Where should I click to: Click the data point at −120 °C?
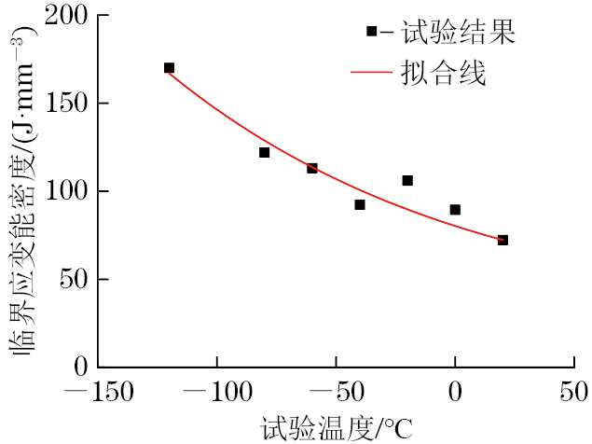[x=169, y=68]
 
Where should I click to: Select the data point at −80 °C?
[x=264, y=152]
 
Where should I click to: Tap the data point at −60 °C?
[x=312, y=168]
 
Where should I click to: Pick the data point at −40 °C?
[x=360, y=204]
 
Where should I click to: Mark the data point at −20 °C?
[x=407, y=180]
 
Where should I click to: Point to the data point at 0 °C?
[x=455, y=210]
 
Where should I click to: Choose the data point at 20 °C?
[x=503, y=240]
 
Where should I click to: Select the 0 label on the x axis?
[x=456, y=393]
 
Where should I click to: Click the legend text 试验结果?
[x=458, y=33]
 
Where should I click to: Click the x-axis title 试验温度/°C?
[x=336, y=428]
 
